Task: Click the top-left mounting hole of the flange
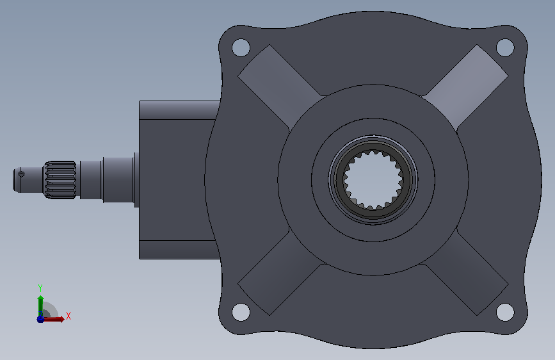241,47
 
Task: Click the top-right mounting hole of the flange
505,47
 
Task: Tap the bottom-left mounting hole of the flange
241,312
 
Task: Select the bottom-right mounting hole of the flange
505,312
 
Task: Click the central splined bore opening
373,179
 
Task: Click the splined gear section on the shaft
60,179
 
